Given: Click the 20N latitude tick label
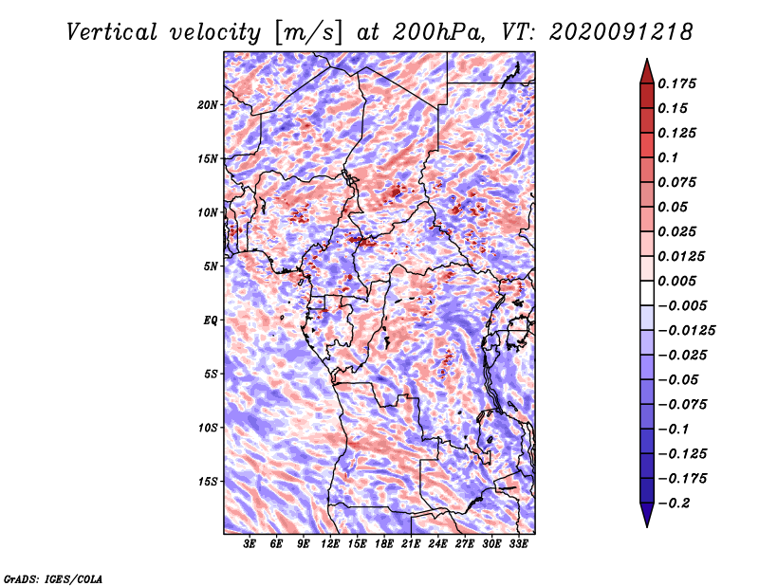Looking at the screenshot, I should tap(208, 104).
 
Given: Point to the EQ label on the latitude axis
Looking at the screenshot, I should tap(211, 320).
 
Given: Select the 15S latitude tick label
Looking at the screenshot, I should tap(208, 481).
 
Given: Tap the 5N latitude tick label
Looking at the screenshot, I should tap(211, 266).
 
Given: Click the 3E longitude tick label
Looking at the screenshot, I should tap(250, 544).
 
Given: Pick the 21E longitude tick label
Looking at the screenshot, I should tap(411, 544).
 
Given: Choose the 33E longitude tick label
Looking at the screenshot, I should tap(518, 544).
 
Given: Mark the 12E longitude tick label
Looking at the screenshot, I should tap(330, 544).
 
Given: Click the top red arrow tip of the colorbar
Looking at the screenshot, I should tap(646, 62).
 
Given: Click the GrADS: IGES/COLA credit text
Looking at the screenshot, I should tap(53, 577).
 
